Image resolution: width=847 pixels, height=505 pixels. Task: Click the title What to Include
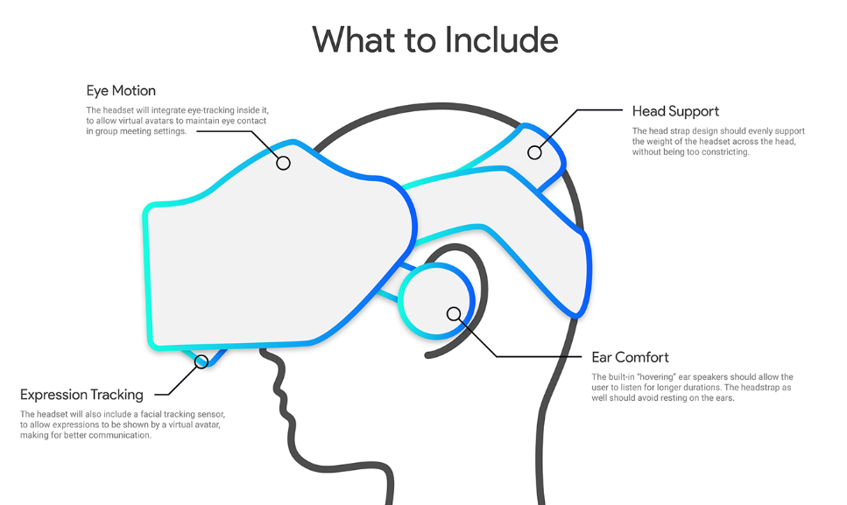point(435,39)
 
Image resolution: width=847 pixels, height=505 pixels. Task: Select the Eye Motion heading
point(121,91)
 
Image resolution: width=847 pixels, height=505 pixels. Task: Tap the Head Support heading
point(675,111)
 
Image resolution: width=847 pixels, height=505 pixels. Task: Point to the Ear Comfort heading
point(630,357)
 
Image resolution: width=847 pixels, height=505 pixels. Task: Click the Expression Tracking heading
point(81,395)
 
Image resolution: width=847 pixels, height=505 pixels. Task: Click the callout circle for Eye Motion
point(283,162)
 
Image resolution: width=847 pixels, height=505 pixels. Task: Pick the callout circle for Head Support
point(534,152)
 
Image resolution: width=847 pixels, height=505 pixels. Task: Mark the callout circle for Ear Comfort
point(453,313)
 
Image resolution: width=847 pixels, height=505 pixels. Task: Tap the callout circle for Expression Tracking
point(201,361)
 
